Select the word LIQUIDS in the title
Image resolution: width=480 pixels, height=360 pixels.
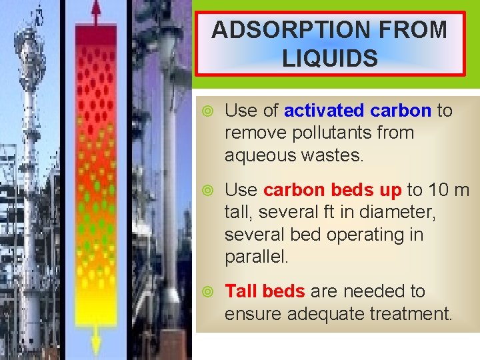(x=330, y=58)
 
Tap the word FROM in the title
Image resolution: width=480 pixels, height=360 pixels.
(x=413, y=29)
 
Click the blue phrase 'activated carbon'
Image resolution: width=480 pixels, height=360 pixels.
(x=358, y=111)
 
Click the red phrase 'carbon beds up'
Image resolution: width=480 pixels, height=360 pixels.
(x=333, y=191)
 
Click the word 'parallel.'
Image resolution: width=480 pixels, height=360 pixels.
(x=257, y=257)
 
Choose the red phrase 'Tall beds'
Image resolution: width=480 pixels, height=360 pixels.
(x=265, y=291)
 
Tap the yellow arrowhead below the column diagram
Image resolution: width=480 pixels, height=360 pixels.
(x=96, y=346)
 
